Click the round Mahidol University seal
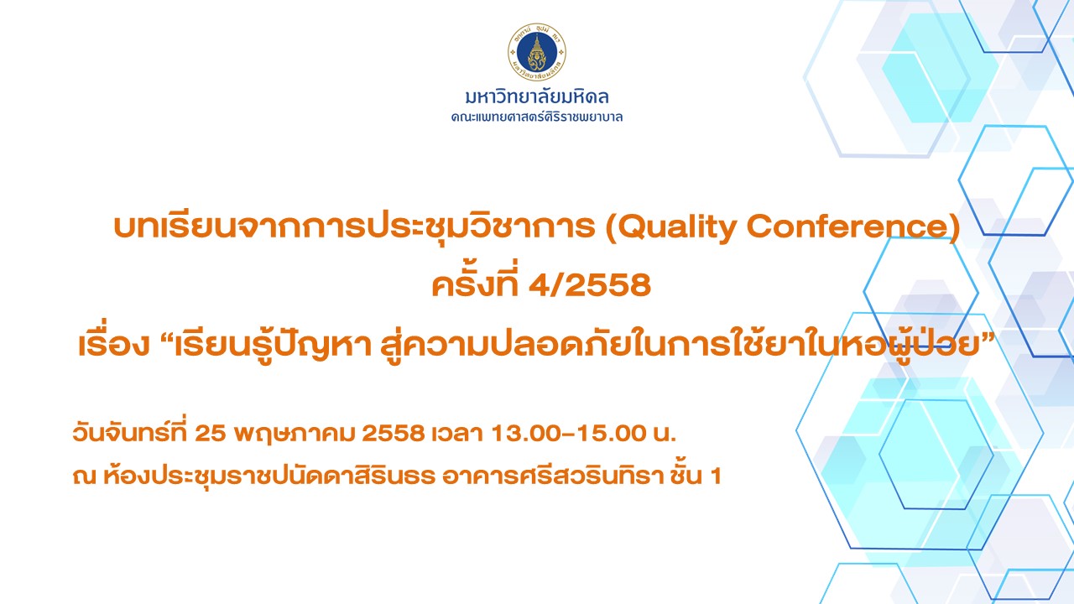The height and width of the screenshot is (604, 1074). click(536, 52)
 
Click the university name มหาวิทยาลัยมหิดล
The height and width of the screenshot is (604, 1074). click(536, 96)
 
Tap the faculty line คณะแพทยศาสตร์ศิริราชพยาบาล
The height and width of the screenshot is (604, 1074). click(536, 117)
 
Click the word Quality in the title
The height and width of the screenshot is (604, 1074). click(676, 227)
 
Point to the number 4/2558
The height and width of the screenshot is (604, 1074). click(590, 284)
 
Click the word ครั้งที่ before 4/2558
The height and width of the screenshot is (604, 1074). click(475, 281)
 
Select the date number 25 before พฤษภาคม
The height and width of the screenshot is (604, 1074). click(210, 434)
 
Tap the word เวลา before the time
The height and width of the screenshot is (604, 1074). click(457, 434)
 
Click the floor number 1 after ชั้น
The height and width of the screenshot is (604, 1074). click(716, 476)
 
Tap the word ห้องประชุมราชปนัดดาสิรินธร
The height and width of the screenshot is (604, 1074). click(269, 475)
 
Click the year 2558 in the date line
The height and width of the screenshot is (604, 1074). click(394, 434)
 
